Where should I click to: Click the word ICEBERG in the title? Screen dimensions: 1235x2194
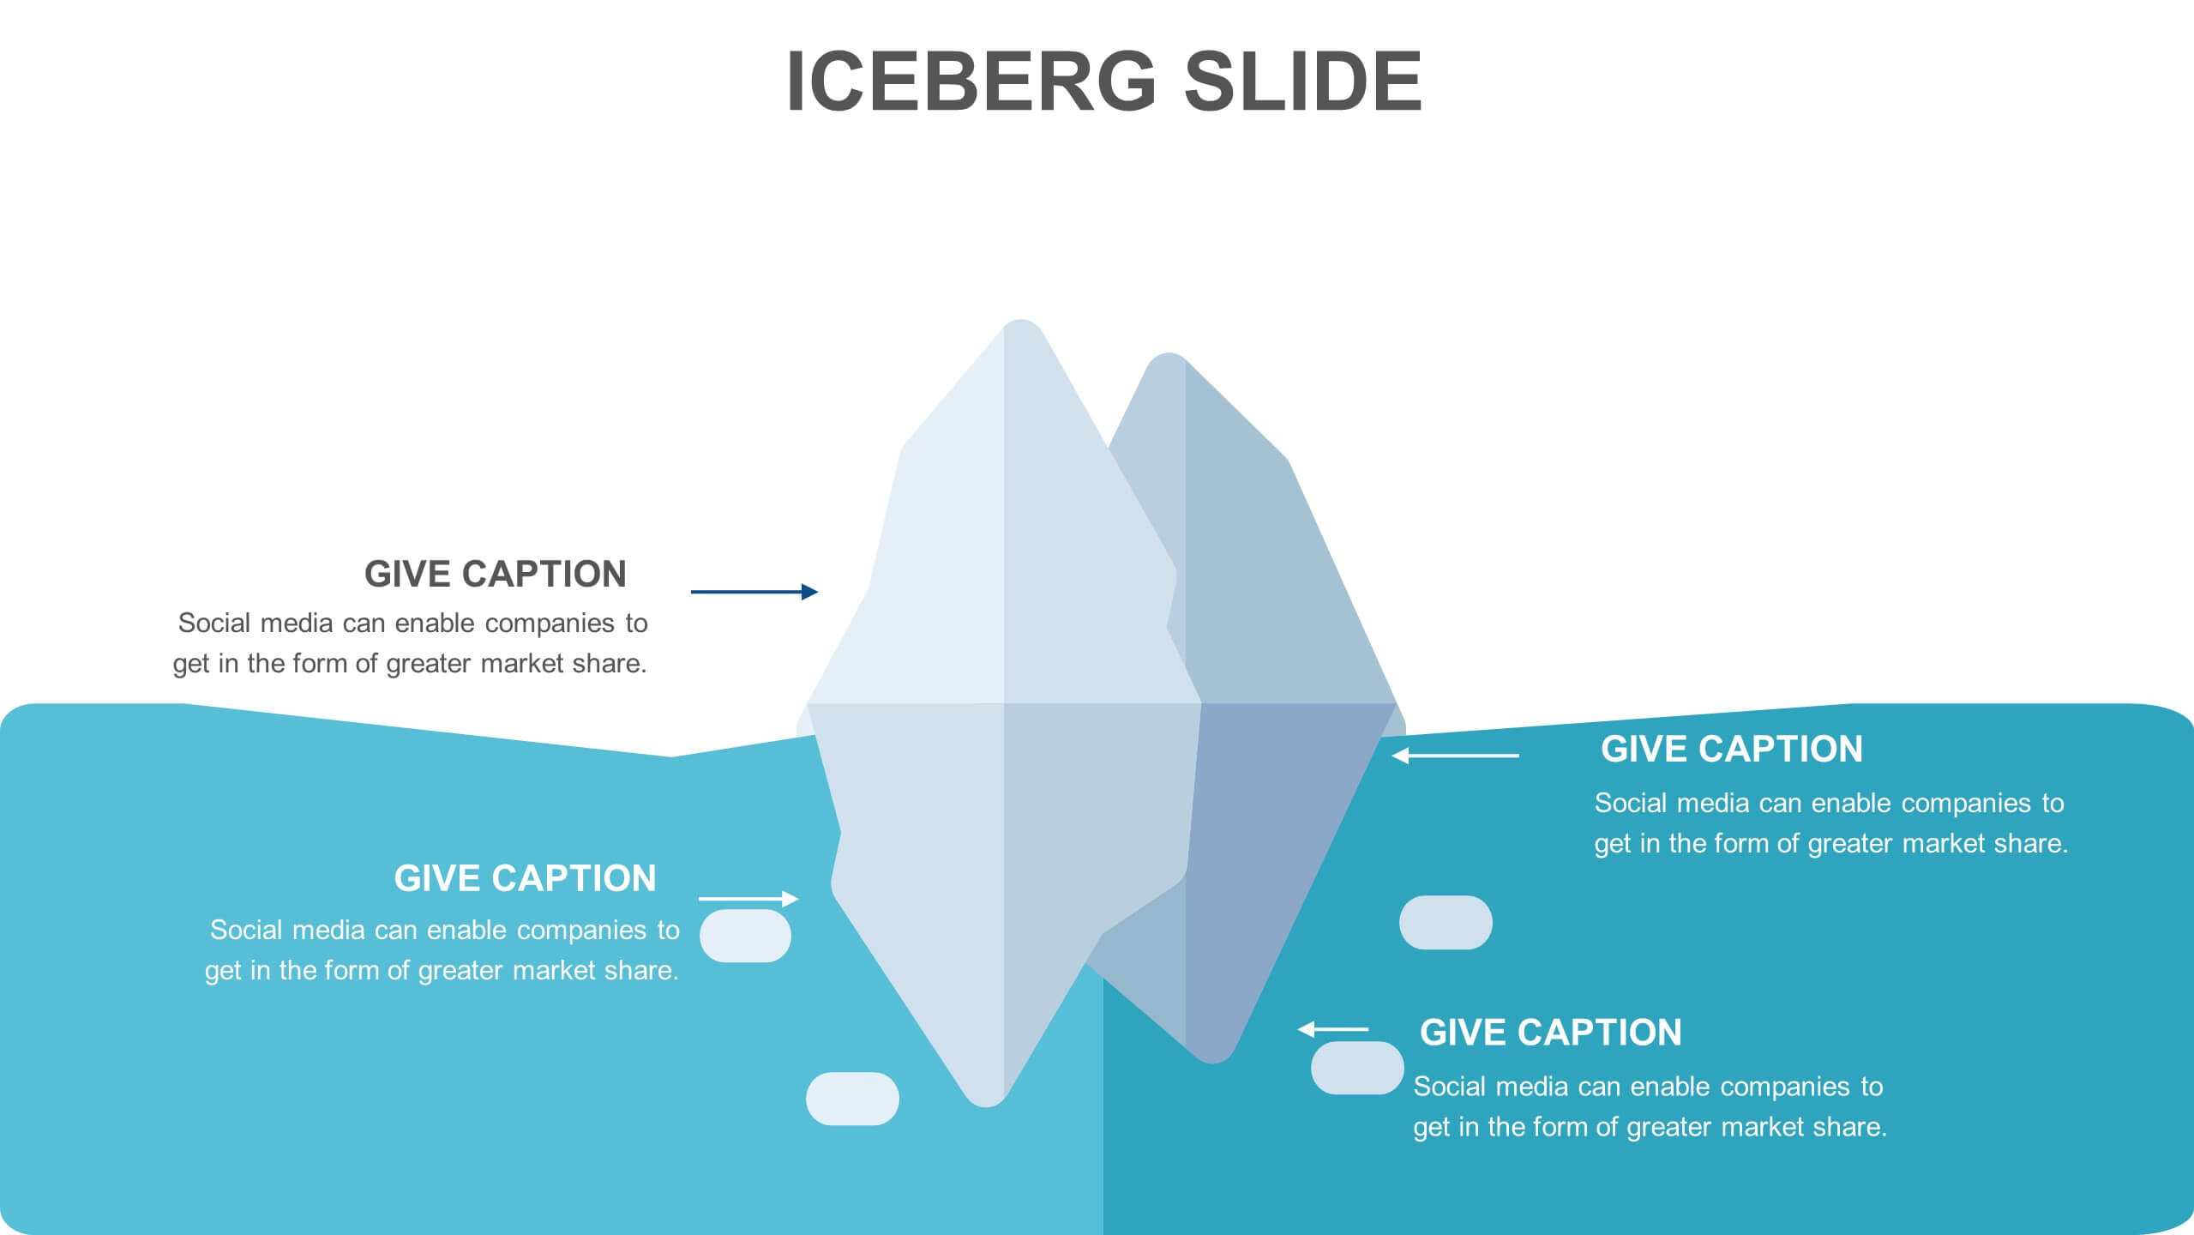[x=971, y=81]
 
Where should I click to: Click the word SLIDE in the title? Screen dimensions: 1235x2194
[x=1303, y=81]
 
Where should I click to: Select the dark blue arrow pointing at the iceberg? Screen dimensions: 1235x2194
[x=754, y=592]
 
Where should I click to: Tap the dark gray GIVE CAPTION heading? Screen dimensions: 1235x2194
[x=496, y=574]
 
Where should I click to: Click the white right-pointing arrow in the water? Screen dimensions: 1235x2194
[x=748, y=899]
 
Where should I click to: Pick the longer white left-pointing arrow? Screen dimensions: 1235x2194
[x=1455, y=756]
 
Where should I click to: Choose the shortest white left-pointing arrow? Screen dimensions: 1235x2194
[x=1333, y=1029]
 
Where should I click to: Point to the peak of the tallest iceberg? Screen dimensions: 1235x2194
[x=1021, y=325]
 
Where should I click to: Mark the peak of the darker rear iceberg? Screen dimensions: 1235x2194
[x=1168, y=358]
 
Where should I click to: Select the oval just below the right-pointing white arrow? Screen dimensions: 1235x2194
[x=745, y=936]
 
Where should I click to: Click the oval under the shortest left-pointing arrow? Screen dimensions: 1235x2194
[x=1356, y=1068]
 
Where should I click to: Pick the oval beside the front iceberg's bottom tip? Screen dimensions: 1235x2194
[x=852, y=1099]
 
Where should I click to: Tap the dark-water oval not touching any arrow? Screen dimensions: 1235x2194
[x=1446, y=923]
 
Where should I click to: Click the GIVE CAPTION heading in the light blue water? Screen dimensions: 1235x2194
[x=525, y=878]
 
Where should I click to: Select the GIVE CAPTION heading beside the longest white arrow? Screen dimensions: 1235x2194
[x=1732, y=749]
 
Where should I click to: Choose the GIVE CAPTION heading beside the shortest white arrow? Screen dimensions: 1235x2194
[x=1551, y=1033]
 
